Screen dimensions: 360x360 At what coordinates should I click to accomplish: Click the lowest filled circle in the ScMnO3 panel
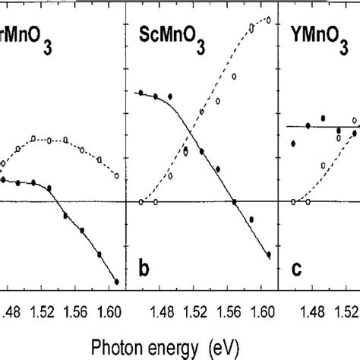coord(269,254)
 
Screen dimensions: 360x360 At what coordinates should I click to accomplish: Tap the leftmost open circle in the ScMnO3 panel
coord(141,202)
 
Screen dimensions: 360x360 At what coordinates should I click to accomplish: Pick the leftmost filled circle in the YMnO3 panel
coord(292,143)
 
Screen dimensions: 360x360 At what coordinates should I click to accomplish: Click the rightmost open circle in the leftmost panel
coord(116,175)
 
